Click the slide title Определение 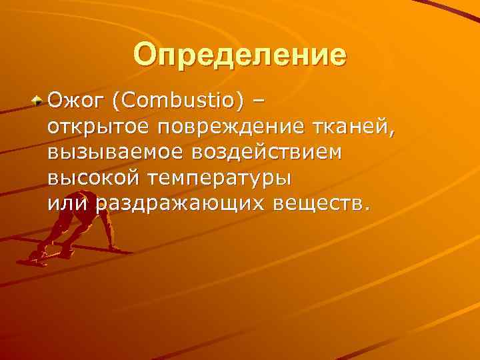239,55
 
